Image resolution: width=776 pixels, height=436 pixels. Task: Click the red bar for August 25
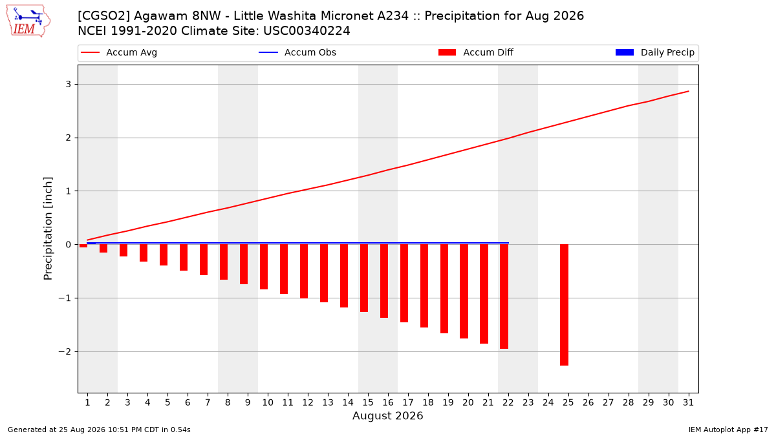564,305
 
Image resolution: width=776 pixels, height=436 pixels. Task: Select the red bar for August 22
504,296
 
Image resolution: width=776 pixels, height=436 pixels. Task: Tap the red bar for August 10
264,267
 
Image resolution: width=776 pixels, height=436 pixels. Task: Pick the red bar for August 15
363,278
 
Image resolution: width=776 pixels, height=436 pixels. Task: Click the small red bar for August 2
103,249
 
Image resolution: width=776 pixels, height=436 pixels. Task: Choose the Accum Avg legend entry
119,52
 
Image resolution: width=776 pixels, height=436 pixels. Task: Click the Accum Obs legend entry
297,52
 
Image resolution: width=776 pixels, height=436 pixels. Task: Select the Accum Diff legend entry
476,52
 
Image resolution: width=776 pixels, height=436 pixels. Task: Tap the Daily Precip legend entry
654,52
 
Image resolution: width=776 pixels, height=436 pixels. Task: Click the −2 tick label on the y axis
65,352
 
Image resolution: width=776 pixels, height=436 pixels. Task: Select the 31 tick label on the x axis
688,402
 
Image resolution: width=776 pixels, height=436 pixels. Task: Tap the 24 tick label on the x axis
548,402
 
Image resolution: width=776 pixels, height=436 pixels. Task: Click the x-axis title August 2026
387,415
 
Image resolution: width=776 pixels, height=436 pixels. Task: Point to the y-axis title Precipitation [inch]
48,229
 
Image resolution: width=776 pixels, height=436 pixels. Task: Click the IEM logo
28,21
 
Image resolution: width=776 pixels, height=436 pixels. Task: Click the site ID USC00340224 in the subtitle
307,31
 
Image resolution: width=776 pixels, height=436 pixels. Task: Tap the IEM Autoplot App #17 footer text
728,430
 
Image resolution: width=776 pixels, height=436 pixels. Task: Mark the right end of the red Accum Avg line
688,91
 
